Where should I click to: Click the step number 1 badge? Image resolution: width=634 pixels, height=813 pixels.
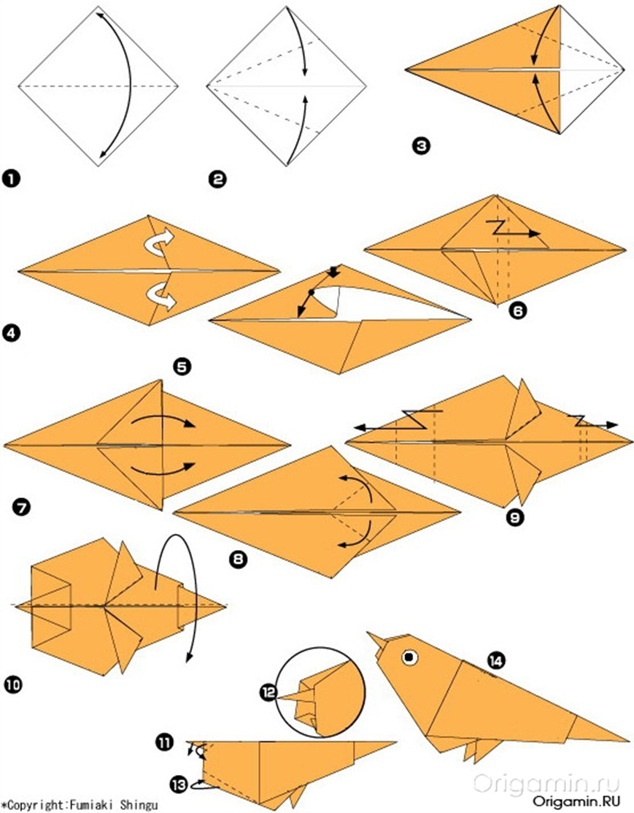11,180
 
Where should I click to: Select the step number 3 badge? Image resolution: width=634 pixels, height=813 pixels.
422,145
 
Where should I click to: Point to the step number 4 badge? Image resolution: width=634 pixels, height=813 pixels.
12,332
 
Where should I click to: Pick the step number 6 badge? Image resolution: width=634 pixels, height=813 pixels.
517,310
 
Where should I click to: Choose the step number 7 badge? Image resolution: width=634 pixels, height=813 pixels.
22,506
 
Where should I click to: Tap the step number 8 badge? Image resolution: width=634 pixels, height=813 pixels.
238,558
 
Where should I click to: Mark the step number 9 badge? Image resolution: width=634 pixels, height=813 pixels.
515,517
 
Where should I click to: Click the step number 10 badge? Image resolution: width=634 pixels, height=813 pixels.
13,685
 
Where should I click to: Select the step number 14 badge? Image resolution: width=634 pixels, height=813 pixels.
496,660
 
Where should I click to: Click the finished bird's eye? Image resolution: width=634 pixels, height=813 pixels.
410,657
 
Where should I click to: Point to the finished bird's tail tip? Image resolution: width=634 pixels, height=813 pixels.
627,739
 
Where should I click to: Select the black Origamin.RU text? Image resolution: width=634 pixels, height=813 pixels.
576,801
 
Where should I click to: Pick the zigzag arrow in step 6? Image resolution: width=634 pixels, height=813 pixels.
514,229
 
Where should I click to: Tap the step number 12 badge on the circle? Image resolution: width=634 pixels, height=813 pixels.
269,692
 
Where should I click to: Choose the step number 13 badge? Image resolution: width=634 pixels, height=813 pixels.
179,785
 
